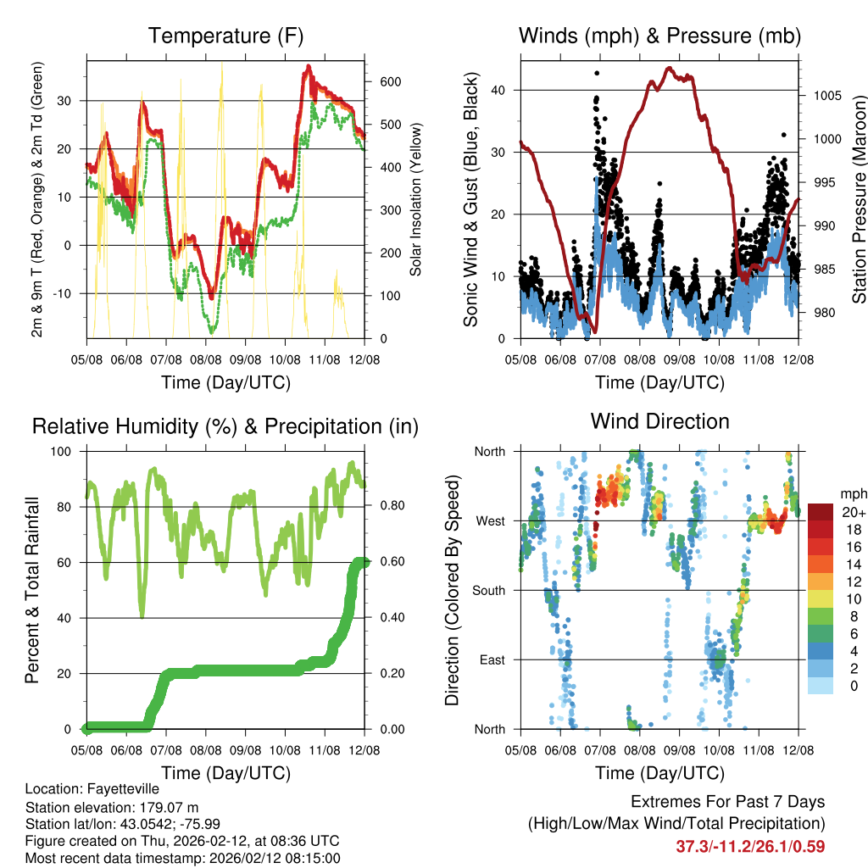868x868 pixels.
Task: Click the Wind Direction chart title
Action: pos(659,421)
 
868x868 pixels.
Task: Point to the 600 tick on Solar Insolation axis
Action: pos(390,81)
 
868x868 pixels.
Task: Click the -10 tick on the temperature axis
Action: pos(69,293)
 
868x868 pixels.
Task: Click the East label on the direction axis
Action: pos(491,659)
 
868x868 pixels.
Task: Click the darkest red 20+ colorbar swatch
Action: pos(821,512)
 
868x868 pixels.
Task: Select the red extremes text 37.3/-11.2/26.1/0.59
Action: pos(750,846)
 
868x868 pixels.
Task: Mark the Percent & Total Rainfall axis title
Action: pos(32,590)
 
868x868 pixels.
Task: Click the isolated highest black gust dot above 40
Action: pos(596,73)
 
